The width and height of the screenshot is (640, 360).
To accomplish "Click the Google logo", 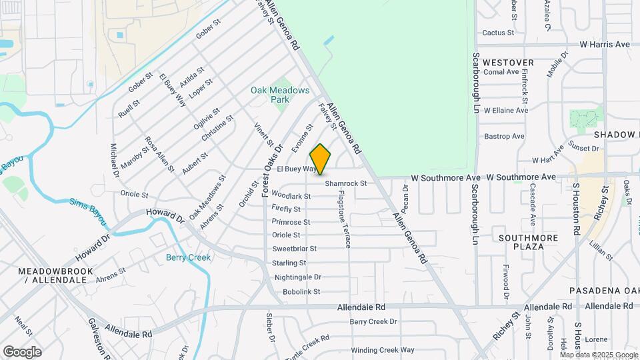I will pos(22,351).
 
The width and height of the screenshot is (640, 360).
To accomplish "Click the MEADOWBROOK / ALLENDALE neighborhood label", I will pos(52,275).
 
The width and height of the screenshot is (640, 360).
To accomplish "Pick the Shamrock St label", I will pos(346,183).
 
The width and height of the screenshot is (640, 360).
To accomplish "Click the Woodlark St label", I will pos(291,196).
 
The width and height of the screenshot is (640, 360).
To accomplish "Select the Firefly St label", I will pos(287,209).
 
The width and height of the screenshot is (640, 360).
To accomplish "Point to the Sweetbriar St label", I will pos(294,249).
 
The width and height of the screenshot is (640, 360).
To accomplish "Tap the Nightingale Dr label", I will pos(297,277).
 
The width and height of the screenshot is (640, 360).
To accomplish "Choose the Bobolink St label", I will pos(301,291).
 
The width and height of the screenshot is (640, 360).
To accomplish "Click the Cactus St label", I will pos(498,32).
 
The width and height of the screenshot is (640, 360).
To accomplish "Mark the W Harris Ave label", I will pos(605,45).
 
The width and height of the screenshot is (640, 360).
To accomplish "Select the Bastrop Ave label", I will pos(505,136).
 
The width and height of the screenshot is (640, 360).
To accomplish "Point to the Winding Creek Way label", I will pos(383,350).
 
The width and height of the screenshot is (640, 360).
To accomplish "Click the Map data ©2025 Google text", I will pos(599,354).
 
